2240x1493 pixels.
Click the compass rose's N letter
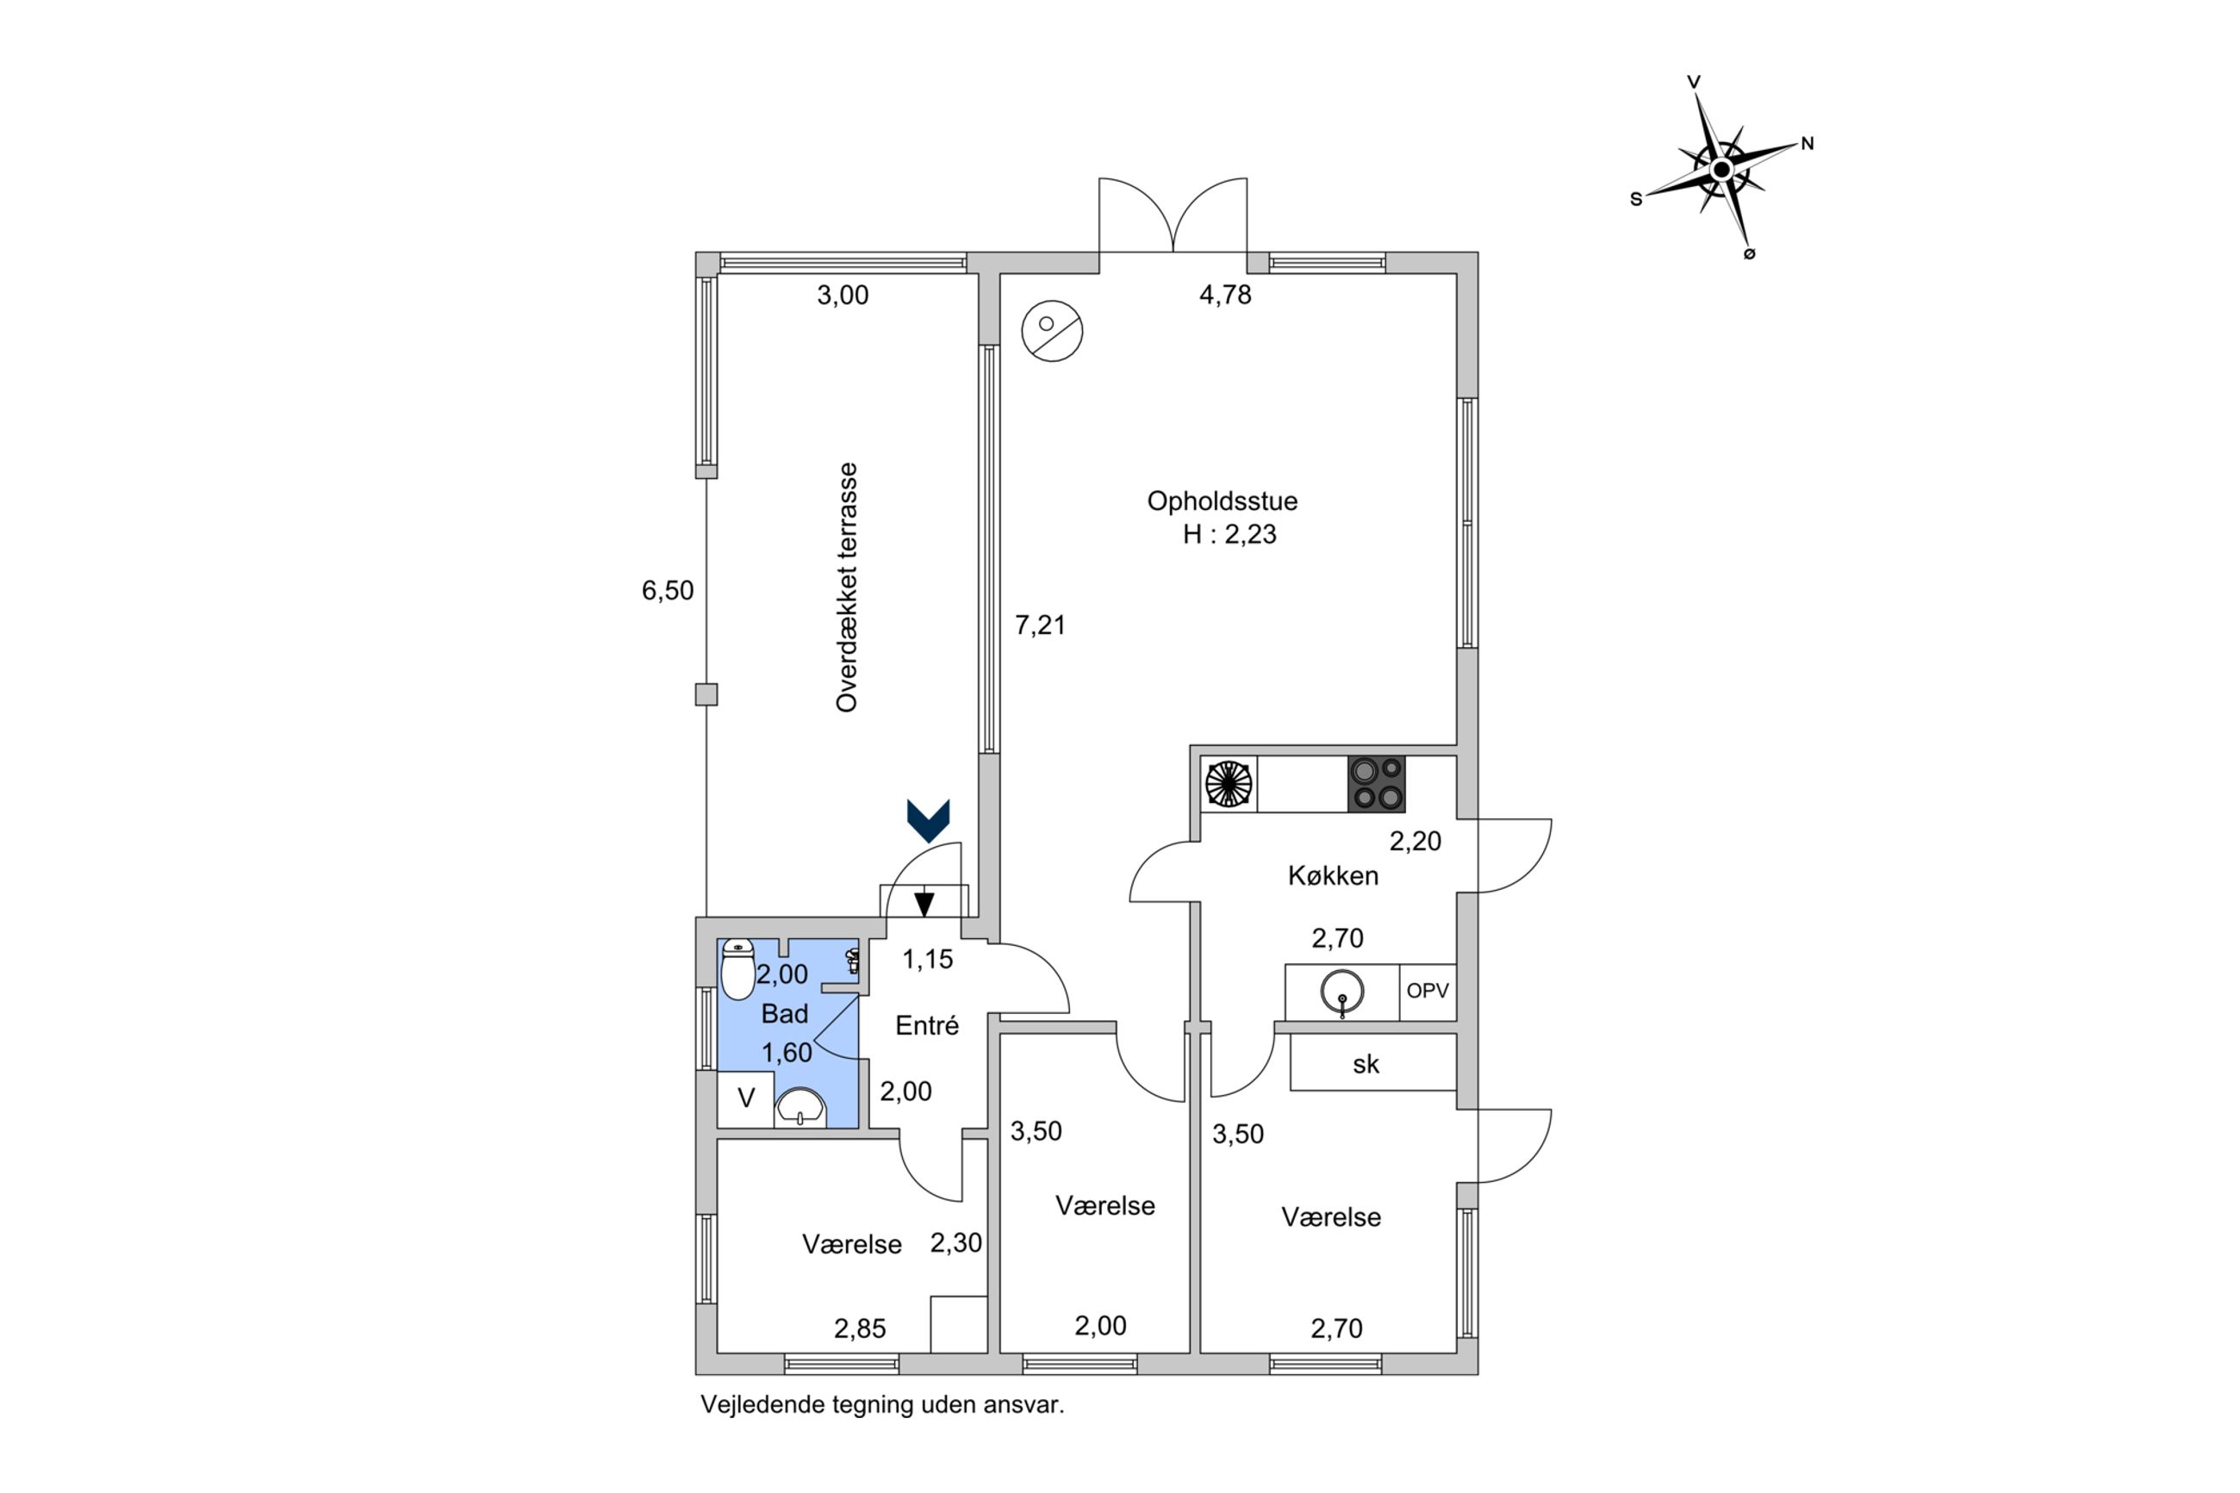(x=1807, y=144)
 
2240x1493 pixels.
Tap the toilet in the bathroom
(x=737, y=968)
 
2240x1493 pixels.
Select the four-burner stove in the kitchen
(x=1376, y=784)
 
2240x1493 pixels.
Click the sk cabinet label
(x=1366, y=1065)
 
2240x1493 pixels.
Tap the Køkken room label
(x=1333, y=876)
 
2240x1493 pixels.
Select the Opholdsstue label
(x=1222, y=501)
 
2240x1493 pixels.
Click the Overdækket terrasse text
(x=846, y=588)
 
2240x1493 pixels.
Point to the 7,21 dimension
(x=1040, y=625)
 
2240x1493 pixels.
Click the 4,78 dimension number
(x=1225, y=295)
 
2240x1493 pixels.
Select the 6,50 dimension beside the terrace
(x=668, y=591)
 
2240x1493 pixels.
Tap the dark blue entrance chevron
(x=928, y=820)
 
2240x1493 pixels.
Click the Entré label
(x=926, y=1025)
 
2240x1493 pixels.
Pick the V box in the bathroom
(x=746, y=1098)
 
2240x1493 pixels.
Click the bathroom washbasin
(x=800, y=1106)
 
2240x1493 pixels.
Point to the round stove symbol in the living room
(x=1051, y=331)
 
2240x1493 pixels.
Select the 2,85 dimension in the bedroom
(x=860, y=1328)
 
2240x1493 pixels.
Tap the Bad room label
(x=784, y=1014)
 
